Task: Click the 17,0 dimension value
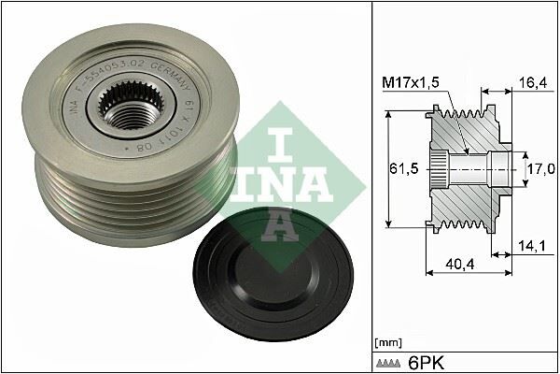(541, 168)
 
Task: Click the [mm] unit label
(386, 344)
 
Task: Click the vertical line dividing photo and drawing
(371, 187)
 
